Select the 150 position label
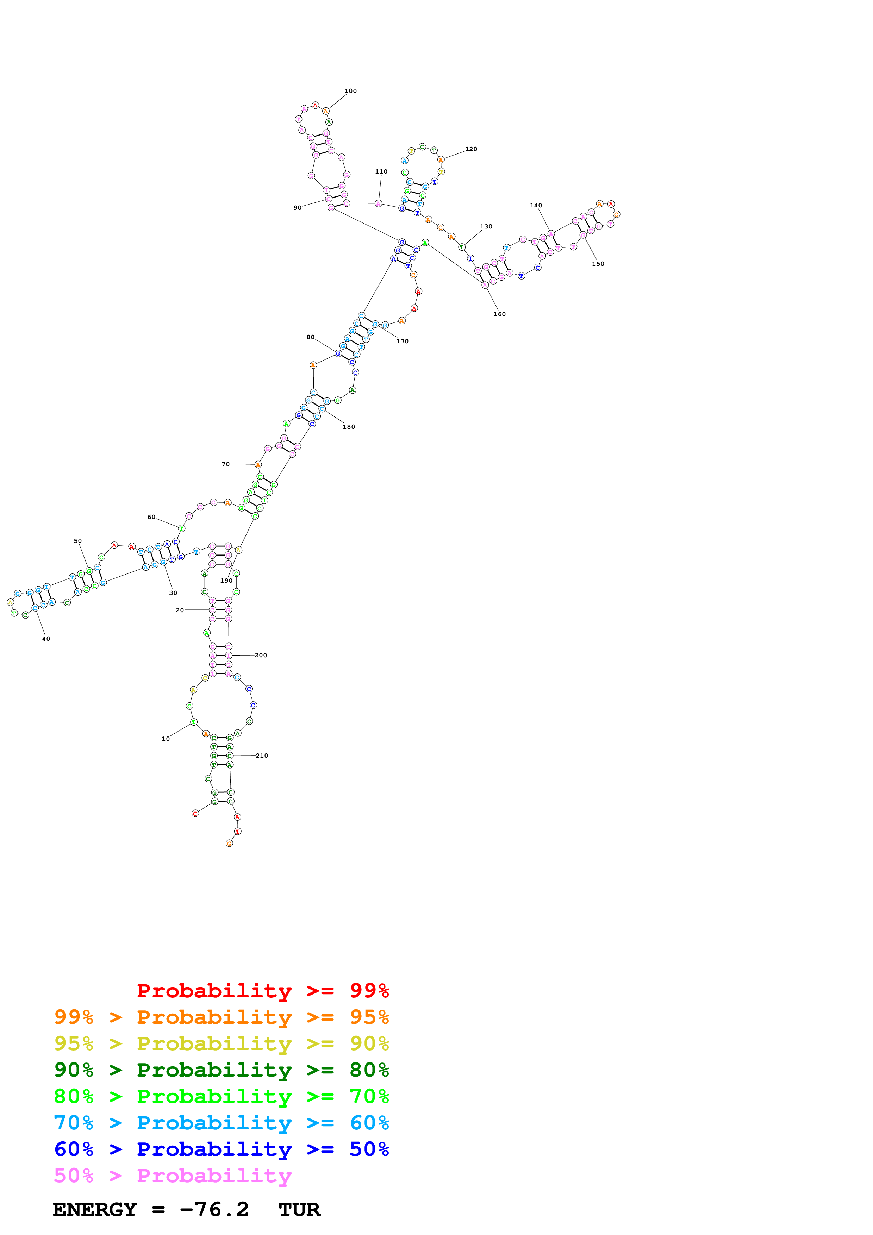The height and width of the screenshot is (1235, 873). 598,264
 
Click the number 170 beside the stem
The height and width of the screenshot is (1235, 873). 403,341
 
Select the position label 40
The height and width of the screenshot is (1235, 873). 46,639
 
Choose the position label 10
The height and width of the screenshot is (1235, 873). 166,739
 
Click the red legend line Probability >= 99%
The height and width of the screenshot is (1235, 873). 262,990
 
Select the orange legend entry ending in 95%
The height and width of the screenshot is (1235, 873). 221,1017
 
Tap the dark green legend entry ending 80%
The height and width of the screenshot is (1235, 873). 221,1070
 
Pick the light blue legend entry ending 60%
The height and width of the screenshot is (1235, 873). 221,1123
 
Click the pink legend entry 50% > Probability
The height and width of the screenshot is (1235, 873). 172,1175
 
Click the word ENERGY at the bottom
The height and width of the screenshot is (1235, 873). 95,1210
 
